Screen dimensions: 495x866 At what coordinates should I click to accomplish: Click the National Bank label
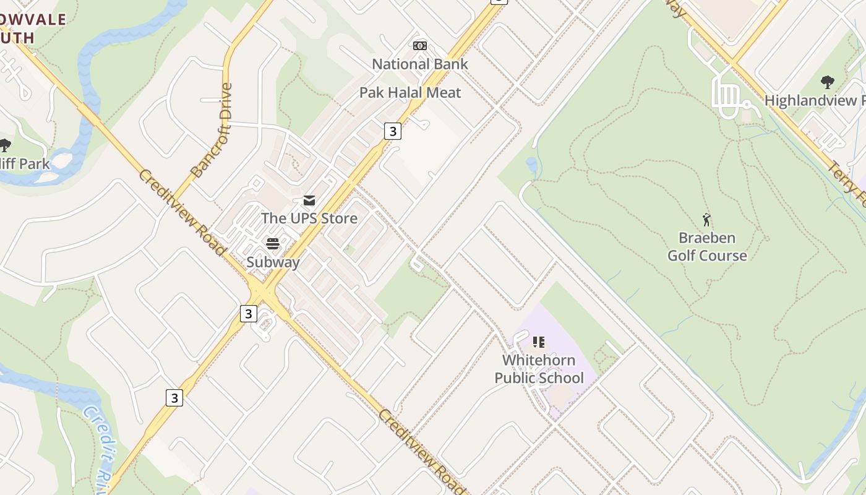tap(419, 64)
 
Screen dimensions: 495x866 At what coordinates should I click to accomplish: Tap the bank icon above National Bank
tap(420, 46)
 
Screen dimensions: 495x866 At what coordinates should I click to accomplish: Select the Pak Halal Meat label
tap(410, 93)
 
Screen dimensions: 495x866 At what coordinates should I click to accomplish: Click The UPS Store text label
tap(309, 218)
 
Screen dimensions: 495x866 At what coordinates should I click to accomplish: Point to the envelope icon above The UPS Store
tap(309, 200)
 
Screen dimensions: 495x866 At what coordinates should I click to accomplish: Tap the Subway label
tap(273, 262)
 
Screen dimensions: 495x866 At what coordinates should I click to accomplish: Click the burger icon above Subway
tap(273, 244)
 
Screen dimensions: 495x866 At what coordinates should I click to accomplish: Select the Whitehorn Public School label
tap(539, 369)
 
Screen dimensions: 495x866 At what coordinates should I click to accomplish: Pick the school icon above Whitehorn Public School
tap(539, 342)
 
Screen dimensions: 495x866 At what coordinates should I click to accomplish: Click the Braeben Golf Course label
tap(706, 246)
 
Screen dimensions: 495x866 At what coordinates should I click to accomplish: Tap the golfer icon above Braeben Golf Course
tap(706, 220)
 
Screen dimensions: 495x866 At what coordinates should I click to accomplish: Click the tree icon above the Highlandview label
tap(827, 82)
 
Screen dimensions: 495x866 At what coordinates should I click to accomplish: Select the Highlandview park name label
tap(814, 100)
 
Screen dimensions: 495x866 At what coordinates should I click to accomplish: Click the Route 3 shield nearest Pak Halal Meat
tap(392, 131)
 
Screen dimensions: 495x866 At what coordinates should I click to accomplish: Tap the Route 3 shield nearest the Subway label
tap(248, 314)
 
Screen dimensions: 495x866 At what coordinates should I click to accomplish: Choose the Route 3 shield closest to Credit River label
tap(174, 398)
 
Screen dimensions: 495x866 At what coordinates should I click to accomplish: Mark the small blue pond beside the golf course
tap(531, 165)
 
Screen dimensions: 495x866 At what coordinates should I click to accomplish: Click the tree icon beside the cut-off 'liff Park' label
tap(5, 146)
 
